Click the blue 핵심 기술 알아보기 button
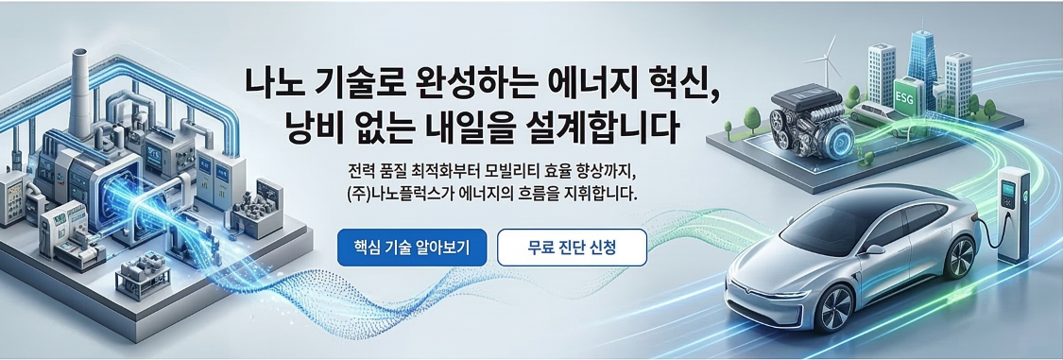tap(412, 248)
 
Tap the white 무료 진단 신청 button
tap(573, 248)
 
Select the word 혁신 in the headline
tap(682, 83)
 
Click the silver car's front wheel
tap(833, 307)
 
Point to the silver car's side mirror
tap(875, 249)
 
